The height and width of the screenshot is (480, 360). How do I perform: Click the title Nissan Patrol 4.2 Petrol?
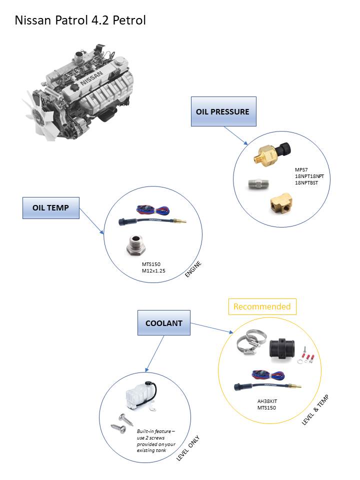pos(80,20)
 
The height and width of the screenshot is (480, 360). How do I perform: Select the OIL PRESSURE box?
pos(223,111)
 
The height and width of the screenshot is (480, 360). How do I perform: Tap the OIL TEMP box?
pos(51,207)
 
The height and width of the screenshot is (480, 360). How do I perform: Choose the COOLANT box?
pos(163,323)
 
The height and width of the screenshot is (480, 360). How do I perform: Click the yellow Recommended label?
pos(262,306)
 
